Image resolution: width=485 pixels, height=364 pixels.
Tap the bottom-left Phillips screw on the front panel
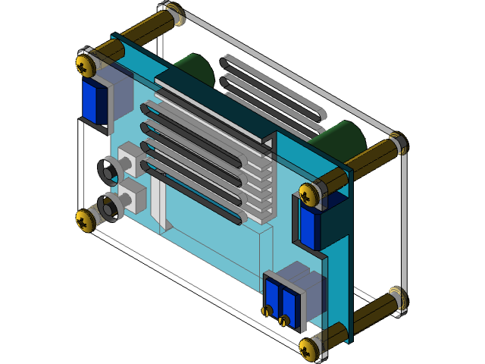coord(86,220)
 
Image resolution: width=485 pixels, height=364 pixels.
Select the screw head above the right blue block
coord(310,194)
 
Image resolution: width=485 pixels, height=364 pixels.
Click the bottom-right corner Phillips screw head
coord(311,348)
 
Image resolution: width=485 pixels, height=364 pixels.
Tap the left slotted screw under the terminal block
coord(268,310)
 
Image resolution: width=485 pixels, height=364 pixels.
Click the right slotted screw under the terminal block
coord(284,320)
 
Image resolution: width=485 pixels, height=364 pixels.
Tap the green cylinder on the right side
coord(343,138)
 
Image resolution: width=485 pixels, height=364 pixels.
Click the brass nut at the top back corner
coord(173,14)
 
